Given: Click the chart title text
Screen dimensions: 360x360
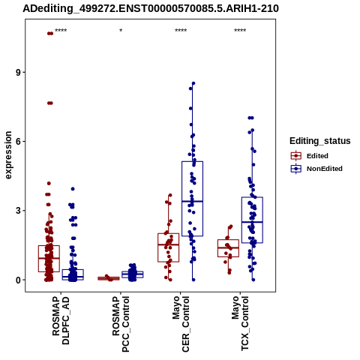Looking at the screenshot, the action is [x=151, y=8].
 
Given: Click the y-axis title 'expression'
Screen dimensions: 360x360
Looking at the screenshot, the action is [x=8, y=155].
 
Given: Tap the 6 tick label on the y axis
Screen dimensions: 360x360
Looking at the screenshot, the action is [x=19, y=142].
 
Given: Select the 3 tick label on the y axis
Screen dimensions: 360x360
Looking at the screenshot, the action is [x=19, y=211].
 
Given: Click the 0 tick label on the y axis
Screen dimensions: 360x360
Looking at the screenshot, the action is [x=19, y=280].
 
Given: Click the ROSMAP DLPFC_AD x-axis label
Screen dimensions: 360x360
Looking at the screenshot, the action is [x=61, y=320].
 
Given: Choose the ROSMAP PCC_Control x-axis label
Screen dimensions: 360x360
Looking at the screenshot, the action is [x=121, y=324].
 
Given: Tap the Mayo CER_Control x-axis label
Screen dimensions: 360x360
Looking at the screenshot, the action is [x=181, y=324].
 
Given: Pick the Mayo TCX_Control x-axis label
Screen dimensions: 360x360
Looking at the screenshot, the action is [x=240, y=323].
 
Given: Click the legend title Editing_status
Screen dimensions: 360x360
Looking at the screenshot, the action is [x=320, y=141].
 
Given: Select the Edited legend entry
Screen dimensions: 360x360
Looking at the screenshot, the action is [x=310, y=156].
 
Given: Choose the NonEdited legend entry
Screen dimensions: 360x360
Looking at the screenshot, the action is [x=316, y=169].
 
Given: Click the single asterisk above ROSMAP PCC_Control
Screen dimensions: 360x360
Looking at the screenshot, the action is [x=121, y=31].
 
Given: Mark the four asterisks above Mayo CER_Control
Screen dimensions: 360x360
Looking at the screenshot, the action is [x=181, y=31].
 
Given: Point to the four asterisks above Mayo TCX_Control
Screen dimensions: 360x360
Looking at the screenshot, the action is [x=240, y=31].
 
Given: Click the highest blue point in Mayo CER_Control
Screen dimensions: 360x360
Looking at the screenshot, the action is [x=193, y=83].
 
